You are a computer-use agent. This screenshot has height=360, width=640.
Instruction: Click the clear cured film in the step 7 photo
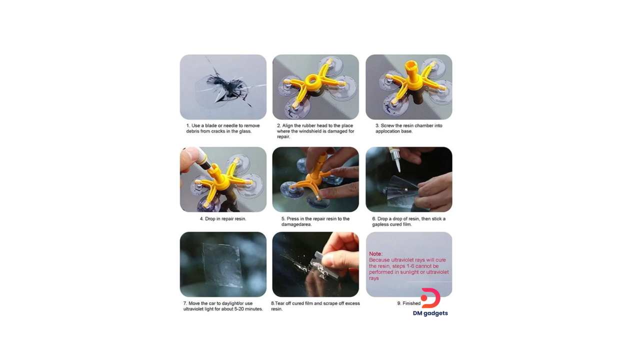222,265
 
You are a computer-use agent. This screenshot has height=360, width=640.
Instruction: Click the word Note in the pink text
375,253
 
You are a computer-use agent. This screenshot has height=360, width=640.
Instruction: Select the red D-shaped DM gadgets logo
430,298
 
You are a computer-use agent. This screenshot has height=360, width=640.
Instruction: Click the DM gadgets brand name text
430,313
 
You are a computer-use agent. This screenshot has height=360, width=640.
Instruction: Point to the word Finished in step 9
411,303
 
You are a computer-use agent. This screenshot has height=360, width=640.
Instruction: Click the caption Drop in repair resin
223,219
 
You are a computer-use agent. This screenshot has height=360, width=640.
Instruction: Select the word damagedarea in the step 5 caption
296,224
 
